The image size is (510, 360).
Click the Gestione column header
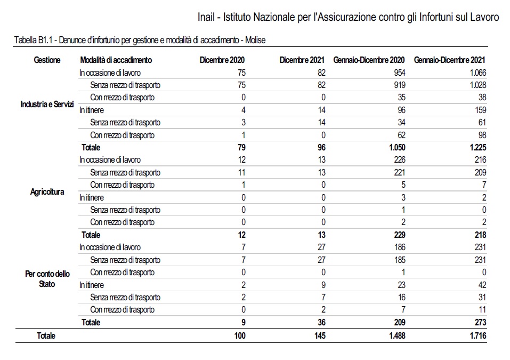47,60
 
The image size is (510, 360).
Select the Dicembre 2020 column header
222,60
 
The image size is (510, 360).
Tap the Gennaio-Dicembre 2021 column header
449,60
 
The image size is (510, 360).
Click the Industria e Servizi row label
47,104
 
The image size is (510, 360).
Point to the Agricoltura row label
47,191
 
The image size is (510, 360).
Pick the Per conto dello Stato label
47,279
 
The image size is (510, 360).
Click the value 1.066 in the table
478,73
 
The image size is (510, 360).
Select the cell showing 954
400,73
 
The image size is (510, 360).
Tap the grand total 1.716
478,335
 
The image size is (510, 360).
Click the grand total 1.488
397,335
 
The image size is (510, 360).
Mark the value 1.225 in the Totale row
478,147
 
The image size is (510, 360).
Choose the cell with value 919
400,85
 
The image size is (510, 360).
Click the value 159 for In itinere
480,110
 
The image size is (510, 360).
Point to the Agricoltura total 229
400,235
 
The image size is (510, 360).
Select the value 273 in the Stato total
480,323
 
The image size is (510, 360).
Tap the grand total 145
320,335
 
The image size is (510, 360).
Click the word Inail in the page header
206,17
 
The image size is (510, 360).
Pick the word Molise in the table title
255,40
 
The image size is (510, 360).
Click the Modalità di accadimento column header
116,60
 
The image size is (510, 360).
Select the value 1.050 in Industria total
397,147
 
